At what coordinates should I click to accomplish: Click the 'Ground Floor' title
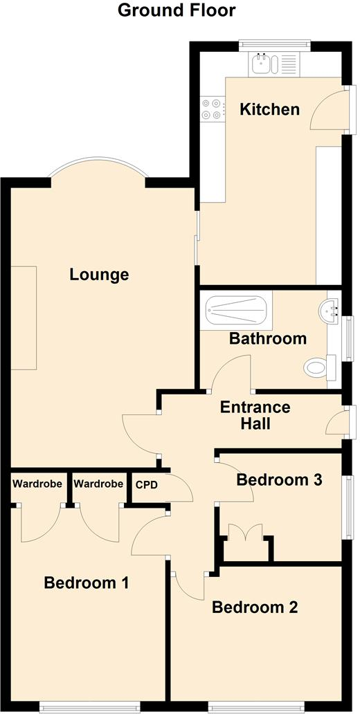(177, 10)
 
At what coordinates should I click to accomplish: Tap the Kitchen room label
(269, 109)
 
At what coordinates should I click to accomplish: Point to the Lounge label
(99, 275)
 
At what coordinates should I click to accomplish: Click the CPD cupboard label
(147, 485)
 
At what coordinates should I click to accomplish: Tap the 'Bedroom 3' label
(279, 479)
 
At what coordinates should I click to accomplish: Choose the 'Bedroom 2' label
(255, 607)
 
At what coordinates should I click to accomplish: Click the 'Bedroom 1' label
(87, 583)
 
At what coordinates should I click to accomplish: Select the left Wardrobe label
(37, 484)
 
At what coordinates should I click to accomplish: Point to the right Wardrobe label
(98, 484)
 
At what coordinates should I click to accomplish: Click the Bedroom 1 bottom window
(90, 706)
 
